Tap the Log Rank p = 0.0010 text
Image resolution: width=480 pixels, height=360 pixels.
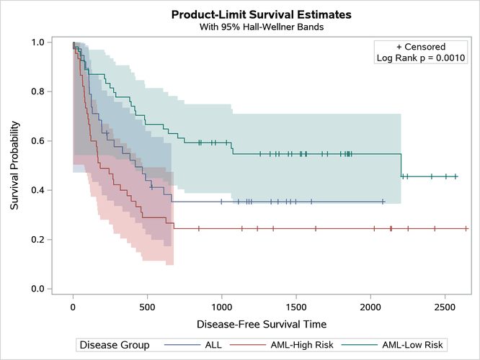point(421,58)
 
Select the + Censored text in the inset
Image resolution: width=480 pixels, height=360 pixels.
point(421,47)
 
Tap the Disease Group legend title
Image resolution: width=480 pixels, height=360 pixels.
point(115,345)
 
